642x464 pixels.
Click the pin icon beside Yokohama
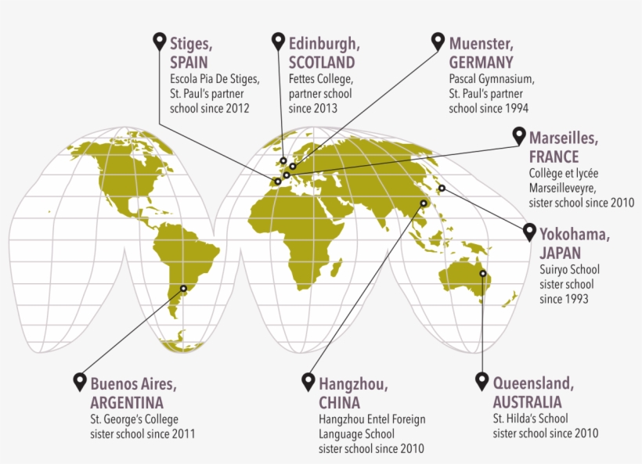pyautogui.click(x=528, y=232)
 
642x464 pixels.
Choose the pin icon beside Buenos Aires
pyautogui.click(x=79, y=382)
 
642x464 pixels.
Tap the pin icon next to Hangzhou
pyautogui.click(x=308, y=382)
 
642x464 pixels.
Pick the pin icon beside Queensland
pyautogui.click(x=482, y=382)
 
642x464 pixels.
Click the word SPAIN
pyautogui.click(x=191, y=63)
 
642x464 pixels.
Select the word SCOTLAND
pyautogui.click(x=321, y=63)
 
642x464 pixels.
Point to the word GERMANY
pyautogui.click(x=481, y=63)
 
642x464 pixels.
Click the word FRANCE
pyautogui.click(x=554, y=156)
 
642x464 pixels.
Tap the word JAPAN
pyautogui.click(x=560, y=254)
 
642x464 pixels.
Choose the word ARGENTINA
pyautogui.click(x=127, y=403)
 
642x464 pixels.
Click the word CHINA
pyautogui.click(x=339, y=403)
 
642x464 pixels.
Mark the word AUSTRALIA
pyautogui.click(x=527, y=403)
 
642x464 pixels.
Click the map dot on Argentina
pyautogui.click(x=184, y=288)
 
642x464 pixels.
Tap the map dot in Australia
pyautogui.click(x=483, y=273)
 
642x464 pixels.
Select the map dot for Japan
pyautogui.click(x=442, y=188)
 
